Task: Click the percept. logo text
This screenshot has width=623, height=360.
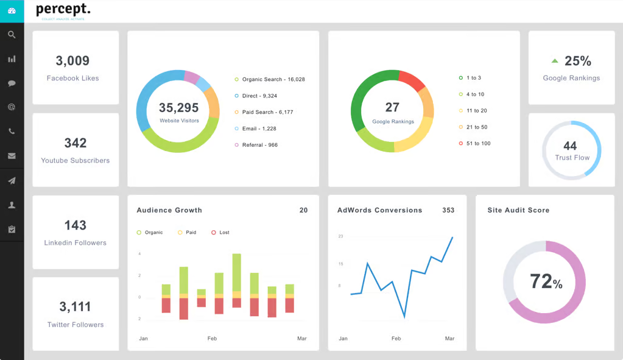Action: (63, 9)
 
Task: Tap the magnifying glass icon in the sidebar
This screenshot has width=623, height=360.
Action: (12, 35)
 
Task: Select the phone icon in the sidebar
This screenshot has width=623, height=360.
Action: (12, 132)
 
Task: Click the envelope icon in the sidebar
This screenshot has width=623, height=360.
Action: (12, 156)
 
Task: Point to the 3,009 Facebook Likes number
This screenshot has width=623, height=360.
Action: (72, 61)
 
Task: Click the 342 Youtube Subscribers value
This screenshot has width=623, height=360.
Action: (76, 143)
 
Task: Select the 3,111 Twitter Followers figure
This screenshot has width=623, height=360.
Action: (76, 307)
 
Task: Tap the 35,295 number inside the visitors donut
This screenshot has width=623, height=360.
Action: (178, 108)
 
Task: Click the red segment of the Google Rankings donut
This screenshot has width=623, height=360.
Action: (412, 80)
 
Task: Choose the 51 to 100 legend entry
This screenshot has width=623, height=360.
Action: (477, 144)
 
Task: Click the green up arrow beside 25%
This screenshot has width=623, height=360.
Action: (554, 61)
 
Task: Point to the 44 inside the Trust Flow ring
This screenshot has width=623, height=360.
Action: (570, 146)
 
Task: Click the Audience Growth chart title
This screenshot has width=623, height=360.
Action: (169, 210)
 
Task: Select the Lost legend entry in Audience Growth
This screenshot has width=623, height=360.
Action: (224, 233)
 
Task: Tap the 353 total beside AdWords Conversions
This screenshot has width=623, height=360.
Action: (448, 210)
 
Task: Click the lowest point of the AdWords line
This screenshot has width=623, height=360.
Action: (404, 317)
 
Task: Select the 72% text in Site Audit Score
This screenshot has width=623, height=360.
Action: (546, 281)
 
